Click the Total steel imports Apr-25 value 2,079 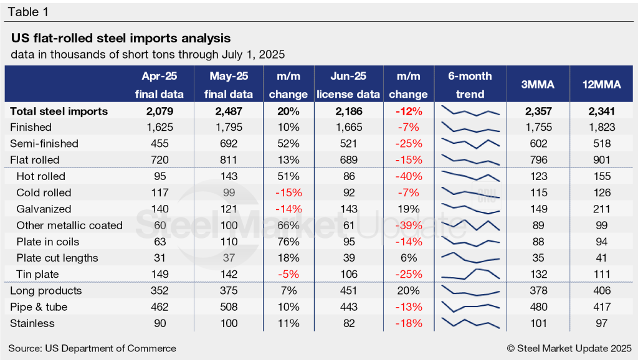(159, 111)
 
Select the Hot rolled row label (40, 176)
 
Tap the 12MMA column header (603, 85)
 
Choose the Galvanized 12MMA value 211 (603, 209)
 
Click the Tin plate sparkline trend (470, 273)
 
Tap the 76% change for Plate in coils (288, 242)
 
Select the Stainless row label (32, 323)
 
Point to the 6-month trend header (470, 85)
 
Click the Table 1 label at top (29, 12)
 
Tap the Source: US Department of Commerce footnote (92, 348)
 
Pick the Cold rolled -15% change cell (288, 192)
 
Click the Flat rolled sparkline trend (470, 159)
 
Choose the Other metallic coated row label (69, 225)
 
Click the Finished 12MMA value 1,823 (603, 127)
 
